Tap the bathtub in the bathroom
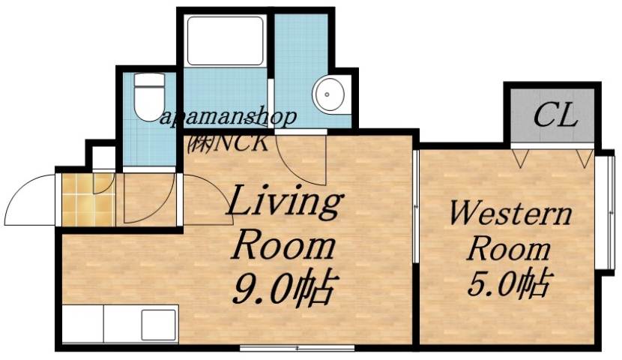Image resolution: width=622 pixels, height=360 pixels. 224,40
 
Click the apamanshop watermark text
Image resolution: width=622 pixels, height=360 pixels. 229,117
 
